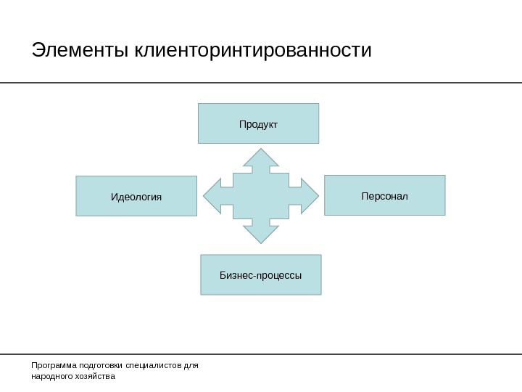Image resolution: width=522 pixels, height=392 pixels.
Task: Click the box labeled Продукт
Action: (x=258, y=123)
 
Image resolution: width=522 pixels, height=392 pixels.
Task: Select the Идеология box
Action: (x=136, y=196)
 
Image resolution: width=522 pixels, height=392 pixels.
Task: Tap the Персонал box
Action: (x=384, y=195)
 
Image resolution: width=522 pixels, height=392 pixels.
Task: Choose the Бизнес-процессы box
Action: (x=260, y=274)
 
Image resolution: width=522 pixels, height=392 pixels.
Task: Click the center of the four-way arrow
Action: (x=260, y=196)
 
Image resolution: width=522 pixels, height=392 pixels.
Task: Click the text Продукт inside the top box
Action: (x=258, y=125)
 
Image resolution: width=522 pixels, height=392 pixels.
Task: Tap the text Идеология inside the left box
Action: (x=136, y=197)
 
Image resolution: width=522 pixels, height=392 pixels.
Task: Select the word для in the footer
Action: (x=191, y=366)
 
